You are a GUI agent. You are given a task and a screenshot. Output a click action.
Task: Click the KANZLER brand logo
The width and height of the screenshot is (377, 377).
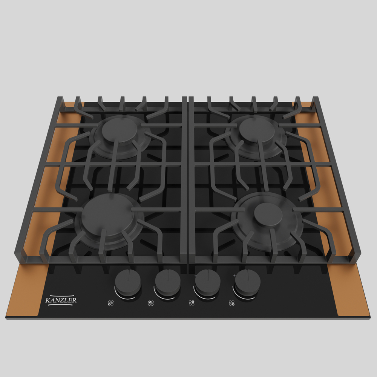[x=61, y=300]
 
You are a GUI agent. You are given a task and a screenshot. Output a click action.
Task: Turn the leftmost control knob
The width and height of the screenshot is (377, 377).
[x=128, y=282]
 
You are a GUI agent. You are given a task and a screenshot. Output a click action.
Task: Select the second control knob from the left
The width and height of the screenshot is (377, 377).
[x=168, y=282]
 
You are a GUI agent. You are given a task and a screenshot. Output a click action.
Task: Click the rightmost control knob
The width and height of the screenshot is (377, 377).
[x=247, y=282]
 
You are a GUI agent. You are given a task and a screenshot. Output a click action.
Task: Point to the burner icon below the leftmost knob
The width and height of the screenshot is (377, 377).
[x=110, y=303]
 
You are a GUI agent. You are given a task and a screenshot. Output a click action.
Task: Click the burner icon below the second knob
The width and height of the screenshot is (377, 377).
[x=151, y=303]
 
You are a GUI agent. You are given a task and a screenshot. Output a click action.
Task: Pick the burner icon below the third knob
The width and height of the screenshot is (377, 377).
[x=192, y=303]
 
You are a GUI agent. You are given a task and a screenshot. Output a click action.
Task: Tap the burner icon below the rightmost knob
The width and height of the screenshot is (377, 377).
[x=231, y=303]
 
